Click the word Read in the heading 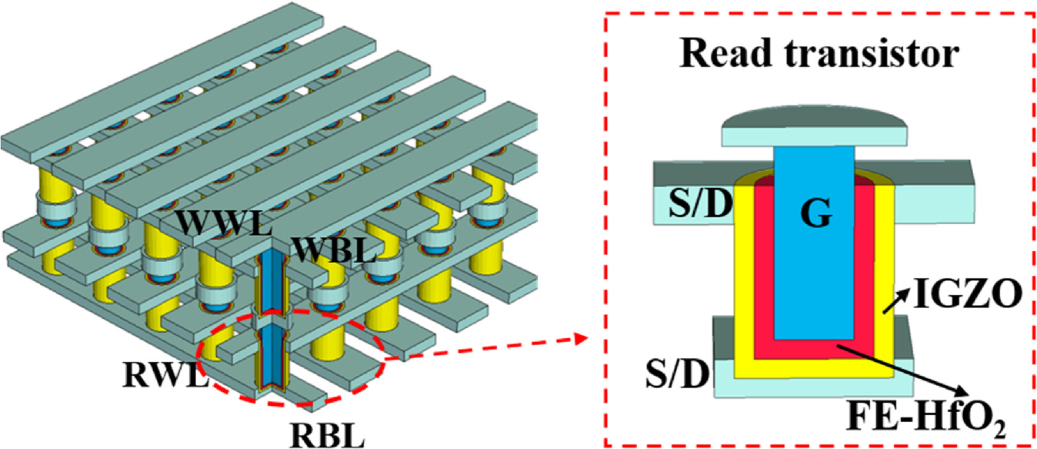tap(730, 56)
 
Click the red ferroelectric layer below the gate tap(815, 351)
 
